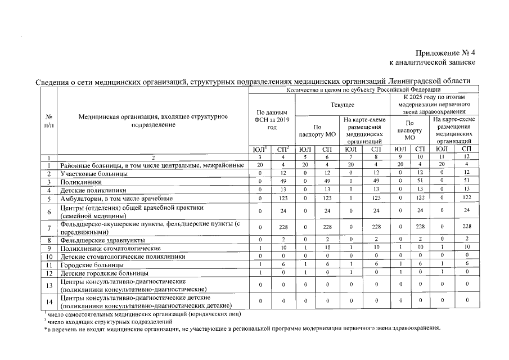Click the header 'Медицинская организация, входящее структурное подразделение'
coord(153,120)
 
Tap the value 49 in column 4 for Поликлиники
coord(284,182)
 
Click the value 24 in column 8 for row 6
coord(376,211)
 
